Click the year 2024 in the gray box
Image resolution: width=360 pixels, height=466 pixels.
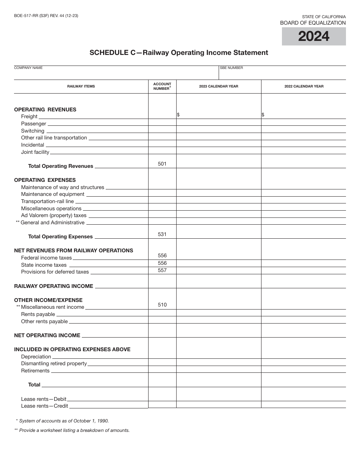pyautogui.click(x=314, y=36)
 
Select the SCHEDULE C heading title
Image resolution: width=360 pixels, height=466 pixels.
pyautogui.click(x=178, y=53)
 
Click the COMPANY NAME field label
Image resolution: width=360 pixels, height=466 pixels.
pyautogui.click(x=28, y=68)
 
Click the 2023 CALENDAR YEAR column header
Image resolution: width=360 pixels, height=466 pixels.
pyautogui.click(x=219, y=86)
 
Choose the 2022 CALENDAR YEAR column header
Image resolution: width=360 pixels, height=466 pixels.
pyautogui.click(x=304, y=86)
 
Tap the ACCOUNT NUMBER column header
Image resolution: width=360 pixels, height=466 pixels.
pyautogui.click(x=162, y=86)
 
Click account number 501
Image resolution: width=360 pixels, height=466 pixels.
pyautogui.click(x=162, y=164)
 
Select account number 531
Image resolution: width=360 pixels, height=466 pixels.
pyautogui.click(x=162, y=235)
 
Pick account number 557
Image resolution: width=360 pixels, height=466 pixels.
pyautogui.click(x=162, y=271)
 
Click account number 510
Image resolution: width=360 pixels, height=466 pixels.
pyautogui.click(x=162, y=305)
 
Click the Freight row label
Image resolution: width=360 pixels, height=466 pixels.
pyautogui.click(x=29, y=117)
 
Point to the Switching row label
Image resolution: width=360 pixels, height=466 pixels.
pyautogui.click(x=33, y=131)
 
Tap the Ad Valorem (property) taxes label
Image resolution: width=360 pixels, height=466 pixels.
pyautogui.click(x=54, y=216)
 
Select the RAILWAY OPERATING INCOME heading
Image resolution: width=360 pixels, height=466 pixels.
pyautogui.click(x=53, y=286)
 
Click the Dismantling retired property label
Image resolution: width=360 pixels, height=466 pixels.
pyautogui.click(x=54, y=364)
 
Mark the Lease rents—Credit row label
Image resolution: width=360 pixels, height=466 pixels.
pyautogui.click(x=44, y=406)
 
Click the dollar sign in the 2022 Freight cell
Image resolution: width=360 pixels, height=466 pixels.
pyautogui.click(x=263, y=115)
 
